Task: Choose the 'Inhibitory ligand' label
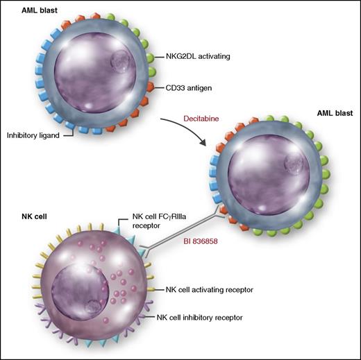(35, 135)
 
